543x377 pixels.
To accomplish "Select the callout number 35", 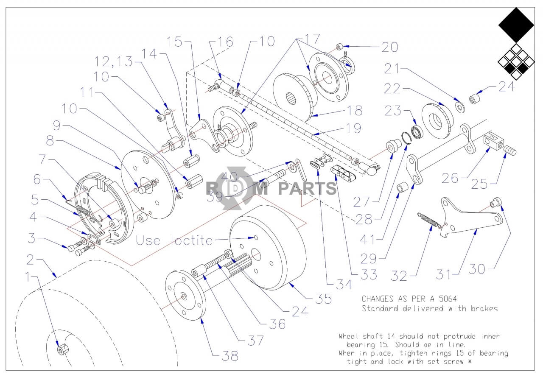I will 323,299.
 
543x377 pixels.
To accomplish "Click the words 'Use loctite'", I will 174,240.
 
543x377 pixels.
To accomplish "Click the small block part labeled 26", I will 493,141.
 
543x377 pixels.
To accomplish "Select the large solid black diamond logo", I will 516,25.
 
